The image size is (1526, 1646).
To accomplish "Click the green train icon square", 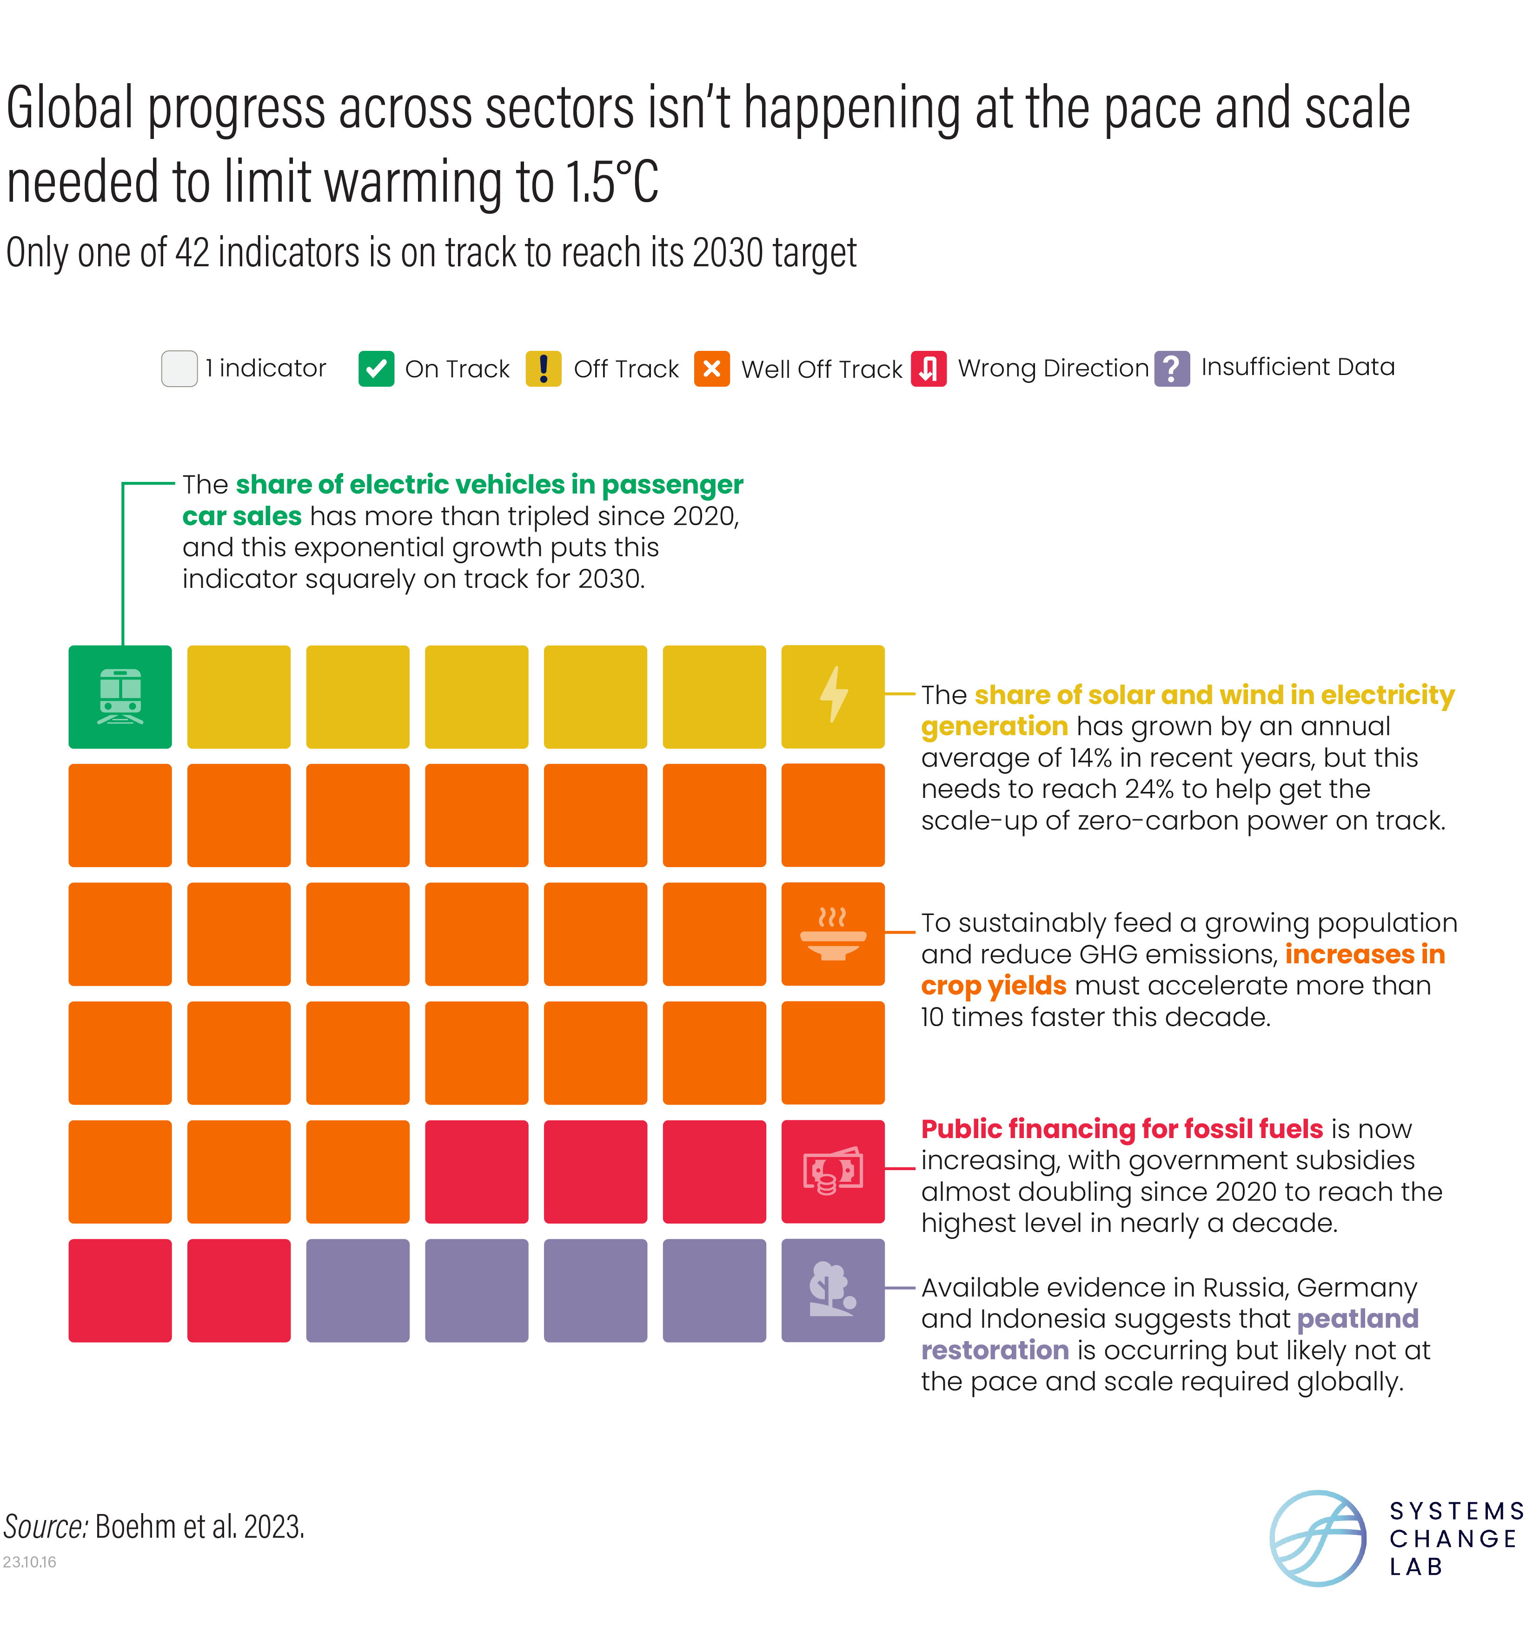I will coord(120,697).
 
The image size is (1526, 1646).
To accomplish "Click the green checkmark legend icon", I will coord(376,368).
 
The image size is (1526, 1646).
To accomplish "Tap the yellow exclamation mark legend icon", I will coord(544,368).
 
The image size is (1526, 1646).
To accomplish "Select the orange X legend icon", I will coord(712,368).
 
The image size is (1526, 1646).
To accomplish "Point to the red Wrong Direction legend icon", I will coord(928,368).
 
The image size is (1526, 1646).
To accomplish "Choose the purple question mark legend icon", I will coord(1172,368).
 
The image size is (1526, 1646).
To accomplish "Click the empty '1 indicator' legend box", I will coord(179,368).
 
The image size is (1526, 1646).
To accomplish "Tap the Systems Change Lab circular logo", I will coord(1317,1538).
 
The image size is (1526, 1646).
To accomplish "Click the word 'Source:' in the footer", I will coord(46,1526).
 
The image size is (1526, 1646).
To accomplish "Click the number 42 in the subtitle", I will coord(192,253).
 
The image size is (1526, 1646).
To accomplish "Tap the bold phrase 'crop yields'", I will coord(993,986).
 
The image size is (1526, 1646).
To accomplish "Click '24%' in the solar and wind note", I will coord(1148,789).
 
